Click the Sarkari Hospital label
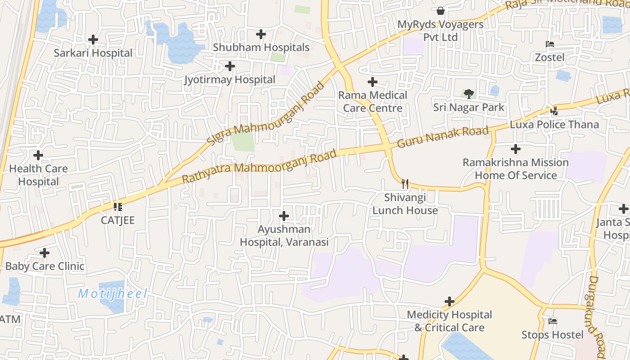93,53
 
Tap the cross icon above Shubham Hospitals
261,34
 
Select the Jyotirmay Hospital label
230,80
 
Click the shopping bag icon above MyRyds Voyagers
440,10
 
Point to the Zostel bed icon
549,44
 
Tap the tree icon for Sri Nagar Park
468,94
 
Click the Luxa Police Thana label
554,125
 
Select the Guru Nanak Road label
443,137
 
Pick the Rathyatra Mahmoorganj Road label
260,166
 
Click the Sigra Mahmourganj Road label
265,113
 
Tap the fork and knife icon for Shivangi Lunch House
405,184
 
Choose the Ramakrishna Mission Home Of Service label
516,169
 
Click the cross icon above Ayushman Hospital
284,216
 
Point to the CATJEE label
117,220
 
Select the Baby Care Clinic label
45,266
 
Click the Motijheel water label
112,294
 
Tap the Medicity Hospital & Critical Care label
450,321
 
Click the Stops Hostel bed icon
553,321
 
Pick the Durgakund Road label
597,317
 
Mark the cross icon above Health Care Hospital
38,155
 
